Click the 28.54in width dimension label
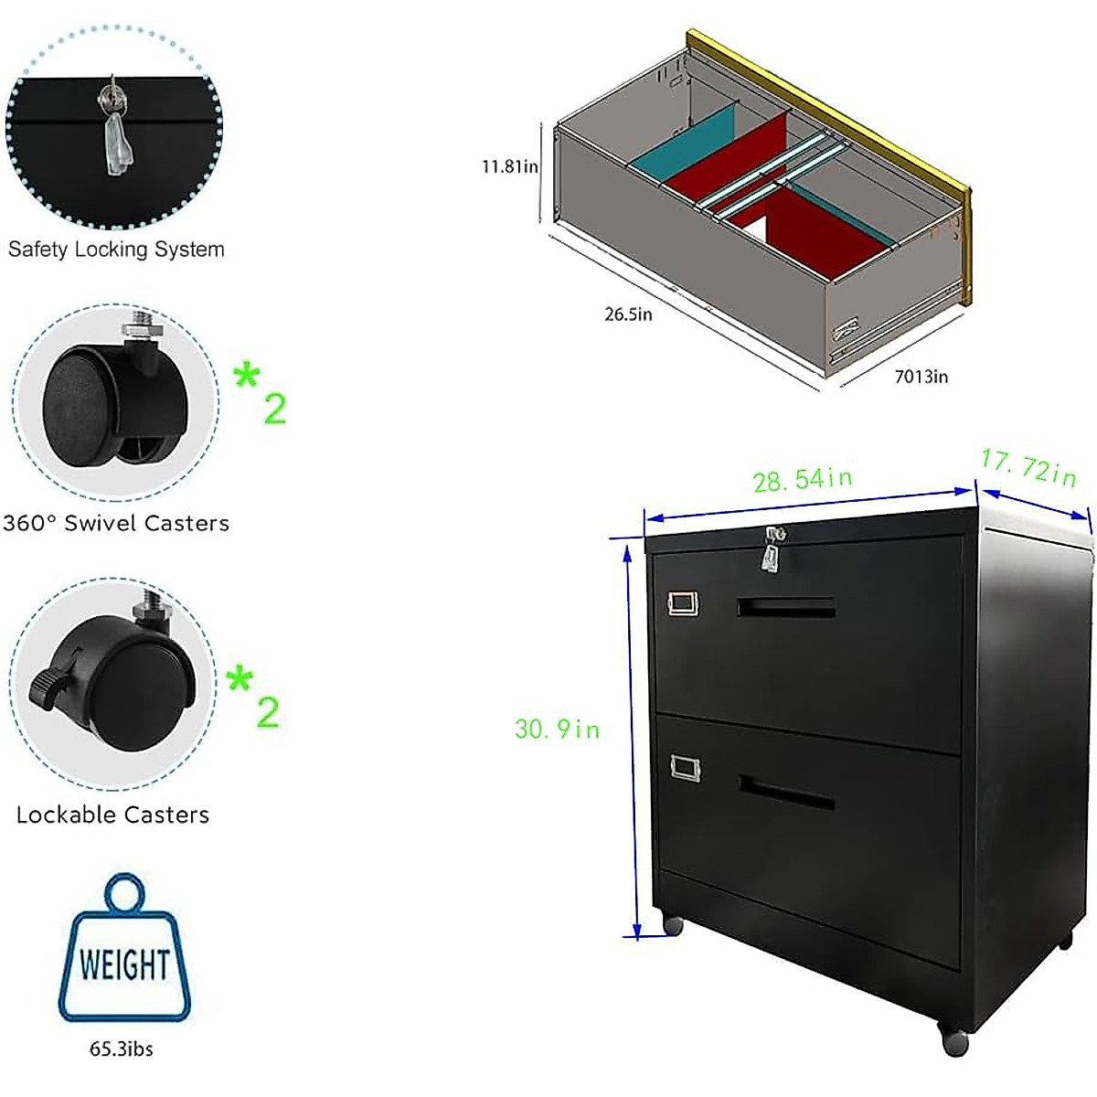point(802,479)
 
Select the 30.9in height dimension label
point(557,729)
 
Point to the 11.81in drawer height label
point(510,166)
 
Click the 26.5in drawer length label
point(628,314)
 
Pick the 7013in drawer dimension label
point(921,377)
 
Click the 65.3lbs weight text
point(121,1049)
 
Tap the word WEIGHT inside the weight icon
point(123,964)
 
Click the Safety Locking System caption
point(116,249)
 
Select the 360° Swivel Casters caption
point(116,523)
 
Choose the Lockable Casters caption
point(112,815)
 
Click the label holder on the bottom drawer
point(685,767)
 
